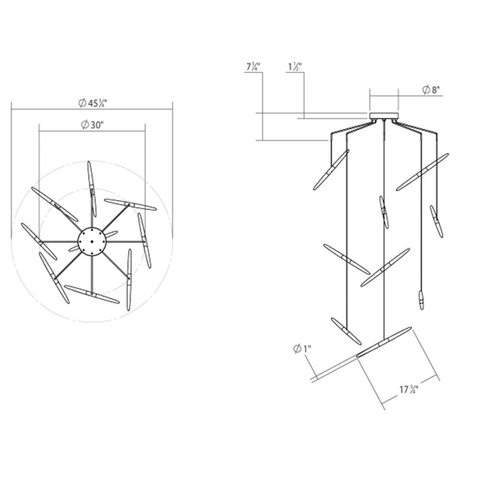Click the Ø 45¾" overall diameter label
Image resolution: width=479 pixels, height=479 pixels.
click(x=92, y=103)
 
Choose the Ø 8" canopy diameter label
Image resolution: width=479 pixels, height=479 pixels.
click(x=431, y=90)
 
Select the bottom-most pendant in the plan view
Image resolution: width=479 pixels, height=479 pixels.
click(x=92, y=294)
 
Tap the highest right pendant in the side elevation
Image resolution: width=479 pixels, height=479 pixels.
click(x=422, y=172)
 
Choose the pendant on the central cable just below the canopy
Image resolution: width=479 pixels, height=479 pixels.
click(x=384, y=211)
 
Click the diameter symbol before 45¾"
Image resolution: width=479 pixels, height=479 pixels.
click(x=81, y=103)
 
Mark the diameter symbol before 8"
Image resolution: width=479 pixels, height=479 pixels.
click(x=425, y=90)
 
